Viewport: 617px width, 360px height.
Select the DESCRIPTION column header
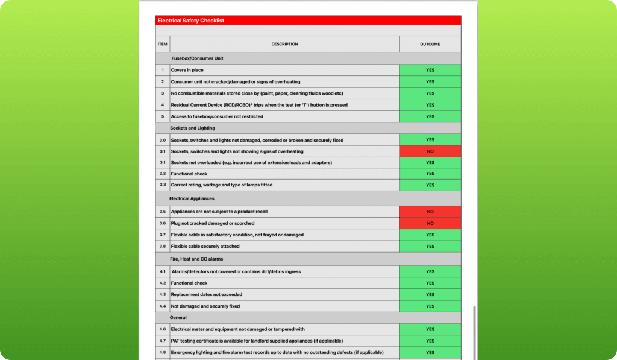pyautogui.click(x=284, y=44)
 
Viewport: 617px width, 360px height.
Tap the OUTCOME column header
pyautogui.click(x=430, y=44)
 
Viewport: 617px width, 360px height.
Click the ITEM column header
pyautogui.click(x=162, y=44)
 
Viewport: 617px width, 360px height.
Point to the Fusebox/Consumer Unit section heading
pyautogui.click(x=197, y=58)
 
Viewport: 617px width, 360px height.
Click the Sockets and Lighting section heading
pyautogui.click(x=193, y=128)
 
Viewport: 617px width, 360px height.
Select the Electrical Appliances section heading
pyautogui.click(x=192, y=198)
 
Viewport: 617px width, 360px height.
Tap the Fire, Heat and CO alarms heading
pyautogui.click(x=197, y=259)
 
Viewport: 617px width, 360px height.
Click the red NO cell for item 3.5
pyautogui.click(x=430, y=212)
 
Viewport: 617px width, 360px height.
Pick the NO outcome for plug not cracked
pyautogui.click(x=430, y=223)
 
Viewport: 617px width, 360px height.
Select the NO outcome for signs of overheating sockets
pyautogui.click(x=430, y=151)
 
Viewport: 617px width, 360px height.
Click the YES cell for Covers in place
pyautogui.click(x=430, y=70)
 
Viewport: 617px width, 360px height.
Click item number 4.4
pyautogui.click(x=162, y=306)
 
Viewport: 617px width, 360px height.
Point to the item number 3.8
pyautogui.click(x=162, y=247)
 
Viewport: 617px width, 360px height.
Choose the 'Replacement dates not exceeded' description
pyautogui.click(x=206, y=295)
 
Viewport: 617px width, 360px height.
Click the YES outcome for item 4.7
pyautogui.click(x=430, y=341)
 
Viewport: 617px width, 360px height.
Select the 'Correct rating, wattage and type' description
pyautogui.click(x=221, y=185)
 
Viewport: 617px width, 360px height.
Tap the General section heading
pyautogui.click(x=178, y=318)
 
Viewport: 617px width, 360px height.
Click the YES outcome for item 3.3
pyautogui.click(x=430, y=185)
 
